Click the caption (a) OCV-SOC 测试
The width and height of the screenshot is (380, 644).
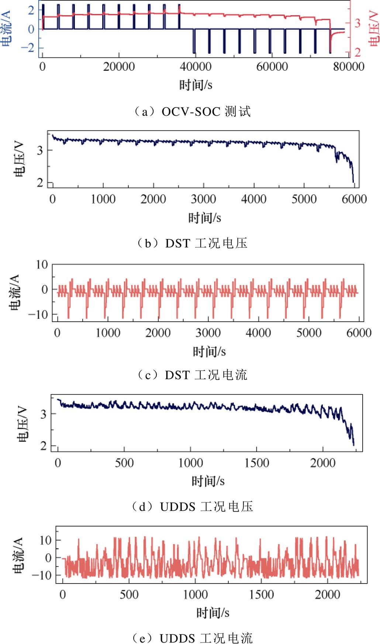192,111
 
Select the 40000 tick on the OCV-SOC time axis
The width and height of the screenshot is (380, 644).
196,67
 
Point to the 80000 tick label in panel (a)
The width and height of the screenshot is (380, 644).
349,67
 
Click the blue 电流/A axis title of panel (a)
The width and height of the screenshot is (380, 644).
7,29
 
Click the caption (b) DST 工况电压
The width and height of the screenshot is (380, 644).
192,244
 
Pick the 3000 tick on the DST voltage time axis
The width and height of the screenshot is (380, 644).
203,199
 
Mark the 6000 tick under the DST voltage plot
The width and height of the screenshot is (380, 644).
354,199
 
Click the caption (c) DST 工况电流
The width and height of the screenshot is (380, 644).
192,375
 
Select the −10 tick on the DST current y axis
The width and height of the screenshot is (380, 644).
39,315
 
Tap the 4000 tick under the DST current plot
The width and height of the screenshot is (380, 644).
258,333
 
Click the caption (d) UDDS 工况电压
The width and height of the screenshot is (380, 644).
192,507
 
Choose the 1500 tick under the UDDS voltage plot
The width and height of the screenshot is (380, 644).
257,463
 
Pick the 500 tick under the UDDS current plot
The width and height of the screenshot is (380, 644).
129,594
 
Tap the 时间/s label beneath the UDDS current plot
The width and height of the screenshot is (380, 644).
213,613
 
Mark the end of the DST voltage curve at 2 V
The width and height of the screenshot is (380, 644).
353,182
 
